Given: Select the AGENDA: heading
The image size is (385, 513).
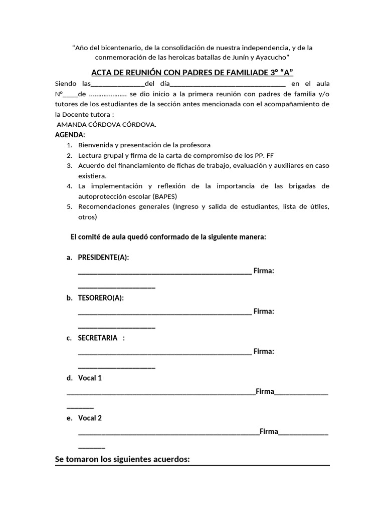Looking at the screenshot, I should pos(70,135).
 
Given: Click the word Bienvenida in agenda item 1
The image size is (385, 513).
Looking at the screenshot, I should pos(95,145).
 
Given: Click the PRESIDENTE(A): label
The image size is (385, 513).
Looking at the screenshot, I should pos(103,258).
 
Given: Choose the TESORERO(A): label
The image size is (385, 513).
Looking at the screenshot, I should pos(101,298).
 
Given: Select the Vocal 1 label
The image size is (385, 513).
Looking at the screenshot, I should pos(90,378).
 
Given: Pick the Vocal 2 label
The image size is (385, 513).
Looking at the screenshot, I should pos(90,418).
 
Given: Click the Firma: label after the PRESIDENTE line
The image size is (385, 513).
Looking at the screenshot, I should pos(264,271).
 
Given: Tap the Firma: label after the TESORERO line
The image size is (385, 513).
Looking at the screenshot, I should pos(264,311).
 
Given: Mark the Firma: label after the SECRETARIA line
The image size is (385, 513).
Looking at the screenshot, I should pos(264,351).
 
